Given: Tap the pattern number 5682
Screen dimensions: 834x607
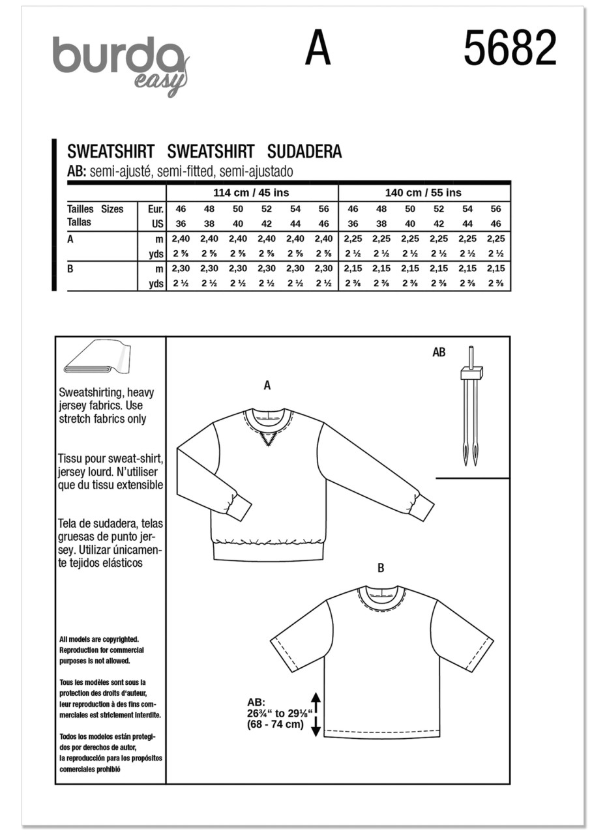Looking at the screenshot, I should (x=510, y=50).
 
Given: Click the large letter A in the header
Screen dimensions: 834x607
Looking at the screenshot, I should (x=318, y=50).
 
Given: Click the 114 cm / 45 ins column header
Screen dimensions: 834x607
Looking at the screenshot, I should (x=251, y=193).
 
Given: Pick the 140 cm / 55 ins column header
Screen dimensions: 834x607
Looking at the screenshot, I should (x=423, y=193).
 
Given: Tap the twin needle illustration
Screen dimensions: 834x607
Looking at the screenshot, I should (x=471, y=414).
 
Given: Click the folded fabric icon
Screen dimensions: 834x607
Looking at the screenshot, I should (x=97, y=358).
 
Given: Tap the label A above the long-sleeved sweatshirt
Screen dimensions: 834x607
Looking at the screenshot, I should (x=267, y=386).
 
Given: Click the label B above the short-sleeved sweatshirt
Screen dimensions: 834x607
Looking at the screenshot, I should (x=381, y=568).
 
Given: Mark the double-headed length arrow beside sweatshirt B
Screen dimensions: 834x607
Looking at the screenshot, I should (x=316, y=714).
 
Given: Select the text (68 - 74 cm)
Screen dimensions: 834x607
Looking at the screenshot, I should (x=275, y=725).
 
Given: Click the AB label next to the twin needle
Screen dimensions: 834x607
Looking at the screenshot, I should (x=439, y=352).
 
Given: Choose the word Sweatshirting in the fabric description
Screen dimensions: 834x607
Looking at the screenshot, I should (x=89, y=393).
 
